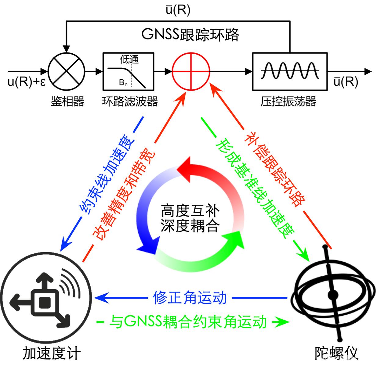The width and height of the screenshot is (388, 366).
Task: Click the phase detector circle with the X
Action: point(67,72)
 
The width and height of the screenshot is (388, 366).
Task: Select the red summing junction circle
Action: point(191,71)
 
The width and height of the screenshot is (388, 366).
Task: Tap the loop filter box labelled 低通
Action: point(128,71)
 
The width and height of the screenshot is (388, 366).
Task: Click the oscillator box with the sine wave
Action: point(290,71)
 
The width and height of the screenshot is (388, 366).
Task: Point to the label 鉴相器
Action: point(67,102)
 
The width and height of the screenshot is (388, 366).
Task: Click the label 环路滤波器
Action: point(130,102)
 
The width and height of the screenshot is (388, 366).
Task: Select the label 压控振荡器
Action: point(288,102)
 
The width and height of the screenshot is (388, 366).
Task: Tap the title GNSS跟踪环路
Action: point(190,35)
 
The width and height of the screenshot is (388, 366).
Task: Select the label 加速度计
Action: point(52,353)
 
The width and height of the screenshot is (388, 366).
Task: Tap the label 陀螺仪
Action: point(336,353)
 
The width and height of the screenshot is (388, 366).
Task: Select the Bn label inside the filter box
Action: point(123,83)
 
